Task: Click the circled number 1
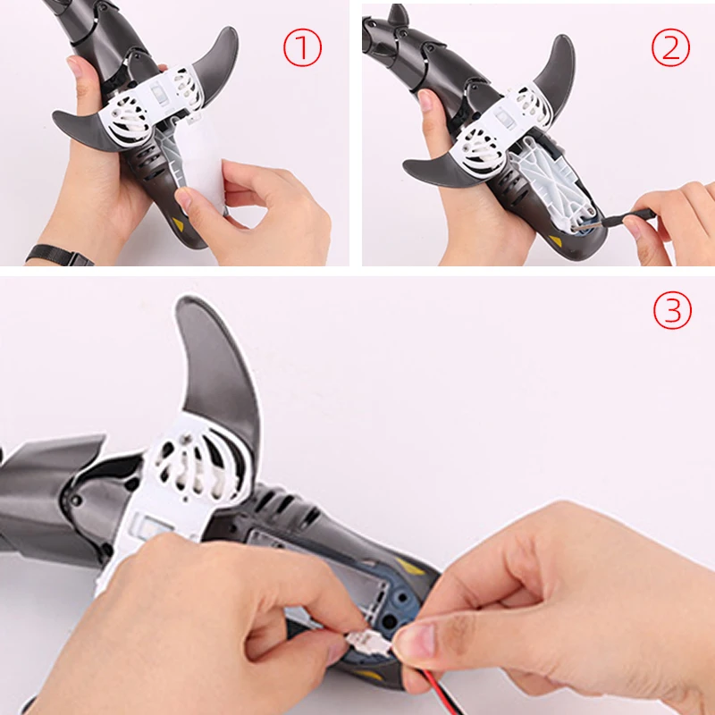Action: [302, 49]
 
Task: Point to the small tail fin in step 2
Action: [398, 18]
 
